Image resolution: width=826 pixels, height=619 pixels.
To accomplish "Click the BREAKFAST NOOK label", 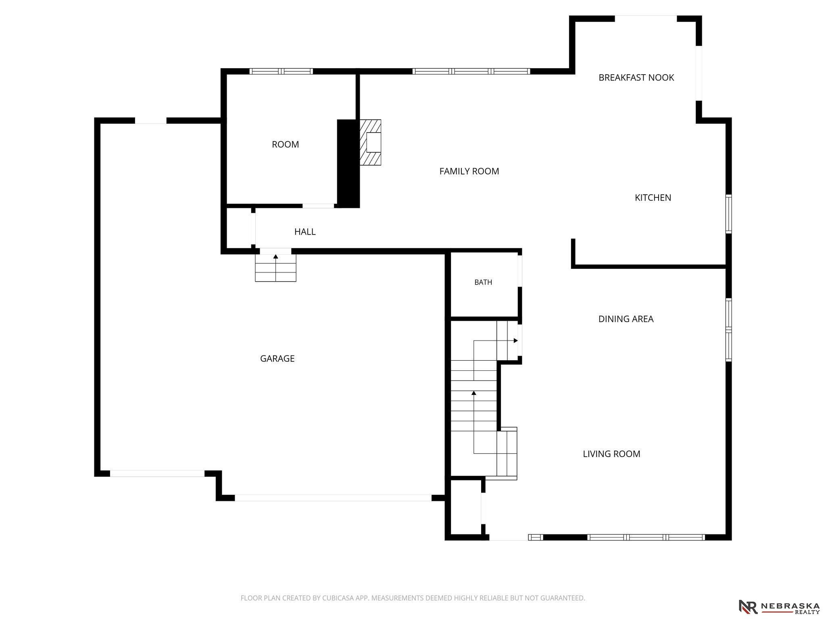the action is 636,77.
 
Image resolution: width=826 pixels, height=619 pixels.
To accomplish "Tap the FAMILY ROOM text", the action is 469,171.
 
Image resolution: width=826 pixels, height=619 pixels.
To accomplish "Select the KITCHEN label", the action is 653,197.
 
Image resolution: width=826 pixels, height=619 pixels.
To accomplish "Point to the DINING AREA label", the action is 626,319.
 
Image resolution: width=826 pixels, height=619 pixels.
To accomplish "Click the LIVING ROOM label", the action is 611,454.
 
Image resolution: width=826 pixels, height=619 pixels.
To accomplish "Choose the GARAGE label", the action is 277,358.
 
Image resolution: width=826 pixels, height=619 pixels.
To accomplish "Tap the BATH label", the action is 483,282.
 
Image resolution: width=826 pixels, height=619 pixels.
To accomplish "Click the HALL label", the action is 305,232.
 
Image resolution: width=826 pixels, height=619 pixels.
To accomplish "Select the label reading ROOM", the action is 285,144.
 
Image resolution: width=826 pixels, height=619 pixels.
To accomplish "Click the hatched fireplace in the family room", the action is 370,142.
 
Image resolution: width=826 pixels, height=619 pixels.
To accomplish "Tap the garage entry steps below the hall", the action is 275,268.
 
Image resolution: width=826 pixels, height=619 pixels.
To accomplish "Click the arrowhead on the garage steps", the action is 275,256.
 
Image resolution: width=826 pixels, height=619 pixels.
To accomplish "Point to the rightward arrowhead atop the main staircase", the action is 515,341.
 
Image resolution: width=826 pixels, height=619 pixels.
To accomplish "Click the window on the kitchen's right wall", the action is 728,214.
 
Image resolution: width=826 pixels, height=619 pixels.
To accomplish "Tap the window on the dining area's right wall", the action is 728,330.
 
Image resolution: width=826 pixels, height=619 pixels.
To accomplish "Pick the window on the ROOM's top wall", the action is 281,71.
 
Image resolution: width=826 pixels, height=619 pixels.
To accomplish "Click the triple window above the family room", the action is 471,71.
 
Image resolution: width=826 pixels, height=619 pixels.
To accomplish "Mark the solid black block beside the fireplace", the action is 348,164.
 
